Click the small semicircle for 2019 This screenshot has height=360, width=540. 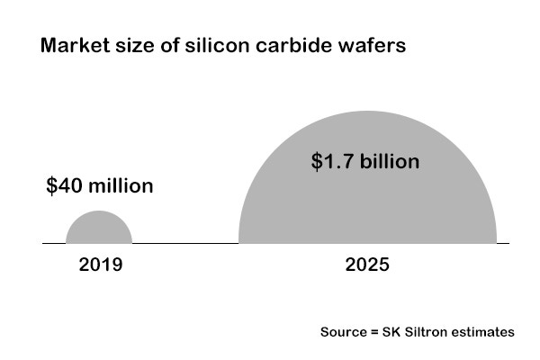(99, 229)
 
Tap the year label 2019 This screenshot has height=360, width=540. (100, 265)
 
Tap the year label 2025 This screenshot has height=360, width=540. (367, 265)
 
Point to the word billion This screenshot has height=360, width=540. (389, 163)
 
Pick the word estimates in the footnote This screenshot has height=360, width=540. (482, 332)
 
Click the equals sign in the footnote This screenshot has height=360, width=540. (373, 332)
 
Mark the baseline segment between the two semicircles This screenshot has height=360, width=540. (184, 243)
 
